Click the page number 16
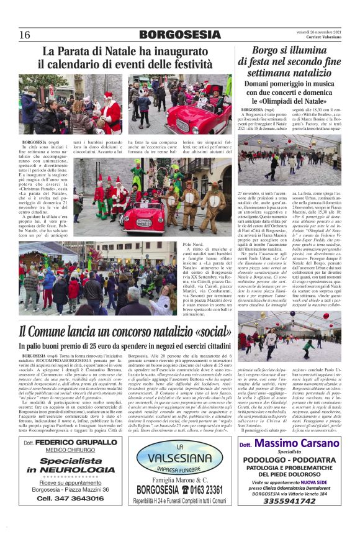(x=25, y=34)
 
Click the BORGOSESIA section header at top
(x=180, y=34)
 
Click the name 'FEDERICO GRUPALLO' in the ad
(x=76, y=443)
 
